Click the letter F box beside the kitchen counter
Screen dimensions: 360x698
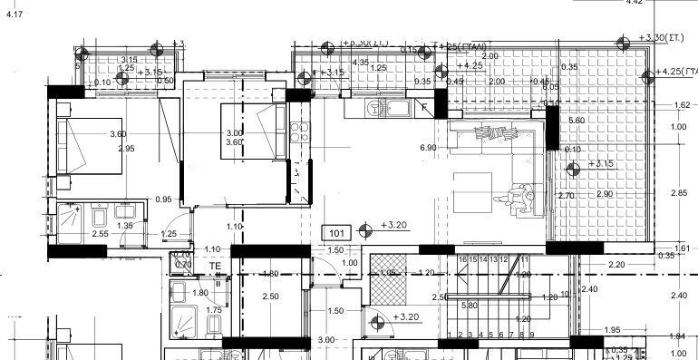pos(423,107)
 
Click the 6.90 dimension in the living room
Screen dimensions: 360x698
pos(429,148)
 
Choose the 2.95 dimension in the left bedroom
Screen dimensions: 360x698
pos(126,149)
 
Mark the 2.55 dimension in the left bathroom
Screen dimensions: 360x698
pos(101,234)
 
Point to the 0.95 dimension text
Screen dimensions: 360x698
pos(163,199)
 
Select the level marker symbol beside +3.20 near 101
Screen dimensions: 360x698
pos(366,228)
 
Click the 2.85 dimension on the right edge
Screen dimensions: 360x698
pos(678,193)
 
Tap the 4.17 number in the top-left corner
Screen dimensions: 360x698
pos(15,15)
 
